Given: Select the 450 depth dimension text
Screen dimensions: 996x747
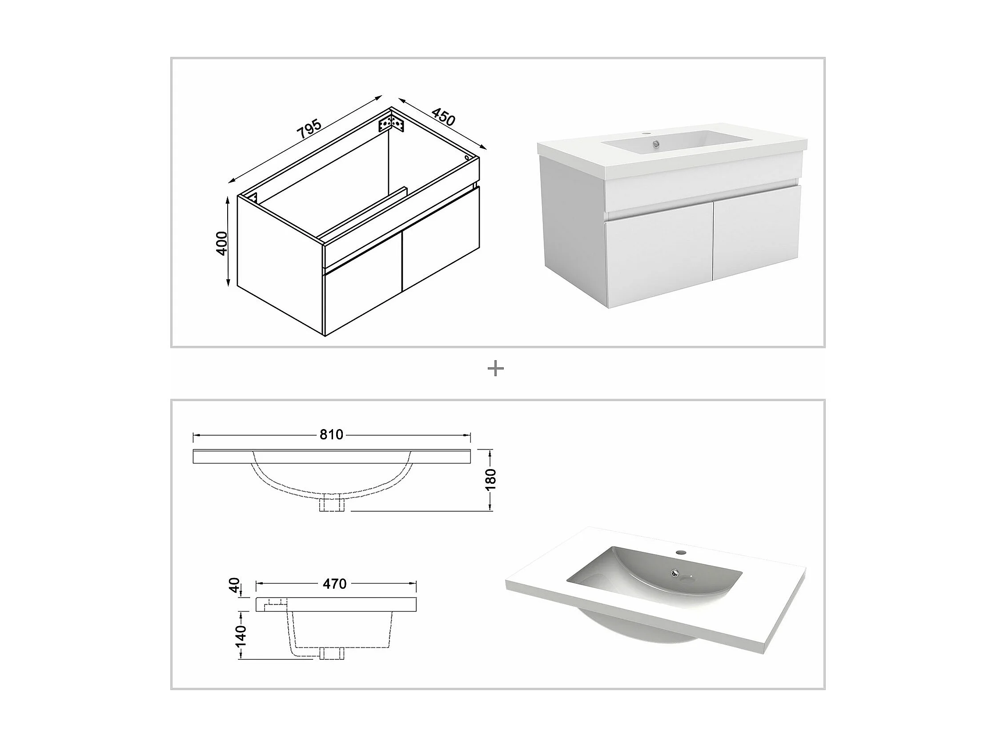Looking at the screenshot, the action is pos(443,117).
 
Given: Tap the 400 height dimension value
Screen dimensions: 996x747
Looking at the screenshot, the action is pos(222,243).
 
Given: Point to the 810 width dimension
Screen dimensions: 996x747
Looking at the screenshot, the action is pos(331,434).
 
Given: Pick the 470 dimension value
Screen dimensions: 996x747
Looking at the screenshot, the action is pos(335,584).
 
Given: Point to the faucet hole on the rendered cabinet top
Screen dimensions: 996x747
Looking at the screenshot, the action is pos(646,134).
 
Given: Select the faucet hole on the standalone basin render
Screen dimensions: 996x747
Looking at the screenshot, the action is pos(681,552).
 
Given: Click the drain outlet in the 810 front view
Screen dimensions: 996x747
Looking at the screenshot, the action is pos(331,504).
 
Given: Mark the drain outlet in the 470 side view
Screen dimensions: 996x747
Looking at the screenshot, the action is pos(332,653).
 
